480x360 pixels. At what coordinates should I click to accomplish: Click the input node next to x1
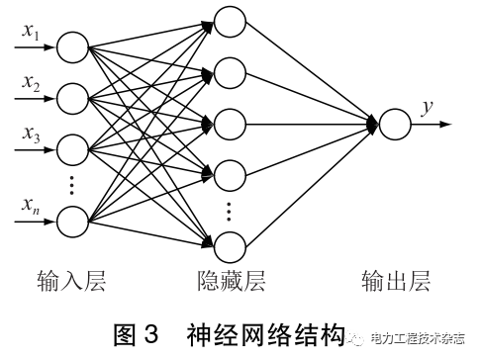pyautogui.click(x=72, y=47)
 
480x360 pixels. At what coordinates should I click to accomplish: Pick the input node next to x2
pyautogui.click(x=72, y=98)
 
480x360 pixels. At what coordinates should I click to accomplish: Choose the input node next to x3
pyautogui.click(x=72, y=150)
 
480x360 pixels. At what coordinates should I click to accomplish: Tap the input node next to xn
pyautogui.click(x=72, y=220)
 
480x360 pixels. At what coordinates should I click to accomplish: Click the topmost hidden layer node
pyautogui.click(x=230, y=20)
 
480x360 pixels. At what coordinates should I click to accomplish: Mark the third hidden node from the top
pyautogui.click(x=230, y=125)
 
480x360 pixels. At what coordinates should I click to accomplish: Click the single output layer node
pyautogui.click(x=394, y=125)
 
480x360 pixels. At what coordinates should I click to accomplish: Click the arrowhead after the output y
pyautogui.click(x=447, y=125)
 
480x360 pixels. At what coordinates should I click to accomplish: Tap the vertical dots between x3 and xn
pyautogui.click(x=72, y=184)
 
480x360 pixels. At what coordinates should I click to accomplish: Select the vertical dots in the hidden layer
pyautogui.click(x=230, y=210)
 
